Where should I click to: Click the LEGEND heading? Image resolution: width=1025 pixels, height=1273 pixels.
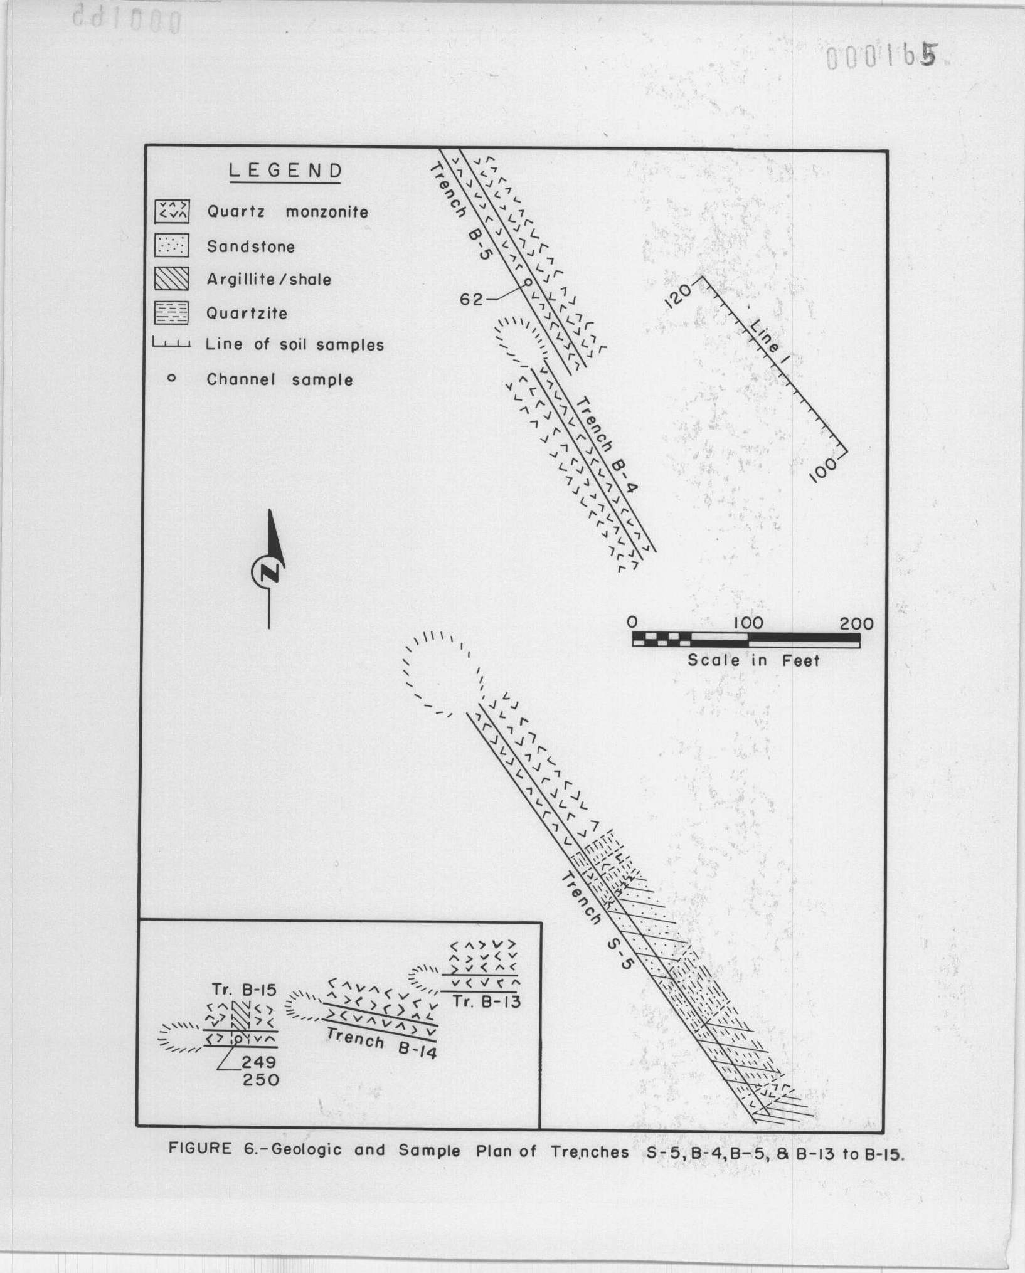coord(285,171)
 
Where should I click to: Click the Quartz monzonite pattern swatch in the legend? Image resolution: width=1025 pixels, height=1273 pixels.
coord(172,212)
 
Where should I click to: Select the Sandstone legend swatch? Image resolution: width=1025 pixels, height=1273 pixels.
coord(172,246)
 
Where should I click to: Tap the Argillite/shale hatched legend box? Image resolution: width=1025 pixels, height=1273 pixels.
coord(172,279)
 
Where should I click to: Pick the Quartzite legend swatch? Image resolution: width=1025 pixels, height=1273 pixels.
coord(172,312)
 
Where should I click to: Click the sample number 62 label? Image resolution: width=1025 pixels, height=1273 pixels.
coord(471,300)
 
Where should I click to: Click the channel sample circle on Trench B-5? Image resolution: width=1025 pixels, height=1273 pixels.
coord(527,282)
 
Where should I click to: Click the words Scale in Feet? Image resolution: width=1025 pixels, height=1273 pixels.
coord(753,660)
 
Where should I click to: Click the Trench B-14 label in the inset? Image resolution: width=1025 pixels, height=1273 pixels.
coord(381,1044)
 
